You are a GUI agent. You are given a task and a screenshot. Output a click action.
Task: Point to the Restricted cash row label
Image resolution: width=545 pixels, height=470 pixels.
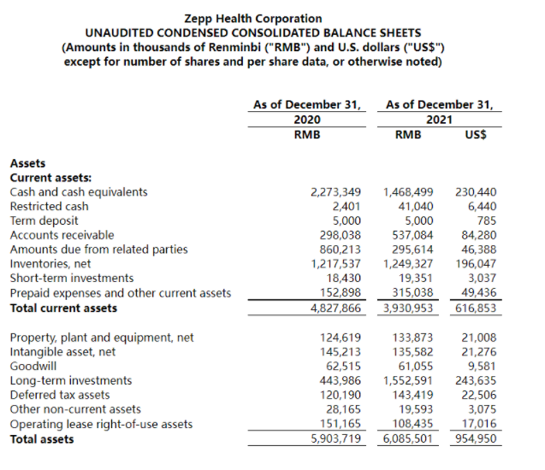(49, 206)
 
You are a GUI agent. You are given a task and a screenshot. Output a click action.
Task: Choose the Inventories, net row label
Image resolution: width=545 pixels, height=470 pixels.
(50, 264)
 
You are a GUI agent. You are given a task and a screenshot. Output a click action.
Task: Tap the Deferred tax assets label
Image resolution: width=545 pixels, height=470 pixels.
(59, 395)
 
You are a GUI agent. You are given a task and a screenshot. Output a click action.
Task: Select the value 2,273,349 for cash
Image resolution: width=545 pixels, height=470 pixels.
(335, 191)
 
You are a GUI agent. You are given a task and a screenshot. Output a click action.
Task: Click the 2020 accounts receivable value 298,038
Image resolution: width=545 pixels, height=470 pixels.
(340, 235)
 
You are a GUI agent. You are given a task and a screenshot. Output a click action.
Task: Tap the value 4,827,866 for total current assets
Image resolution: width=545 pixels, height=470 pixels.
(335, 308)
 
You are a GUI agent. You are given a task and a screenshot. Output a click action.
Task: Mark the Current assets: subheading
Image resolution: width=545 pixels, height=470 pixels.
(44, 178)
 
